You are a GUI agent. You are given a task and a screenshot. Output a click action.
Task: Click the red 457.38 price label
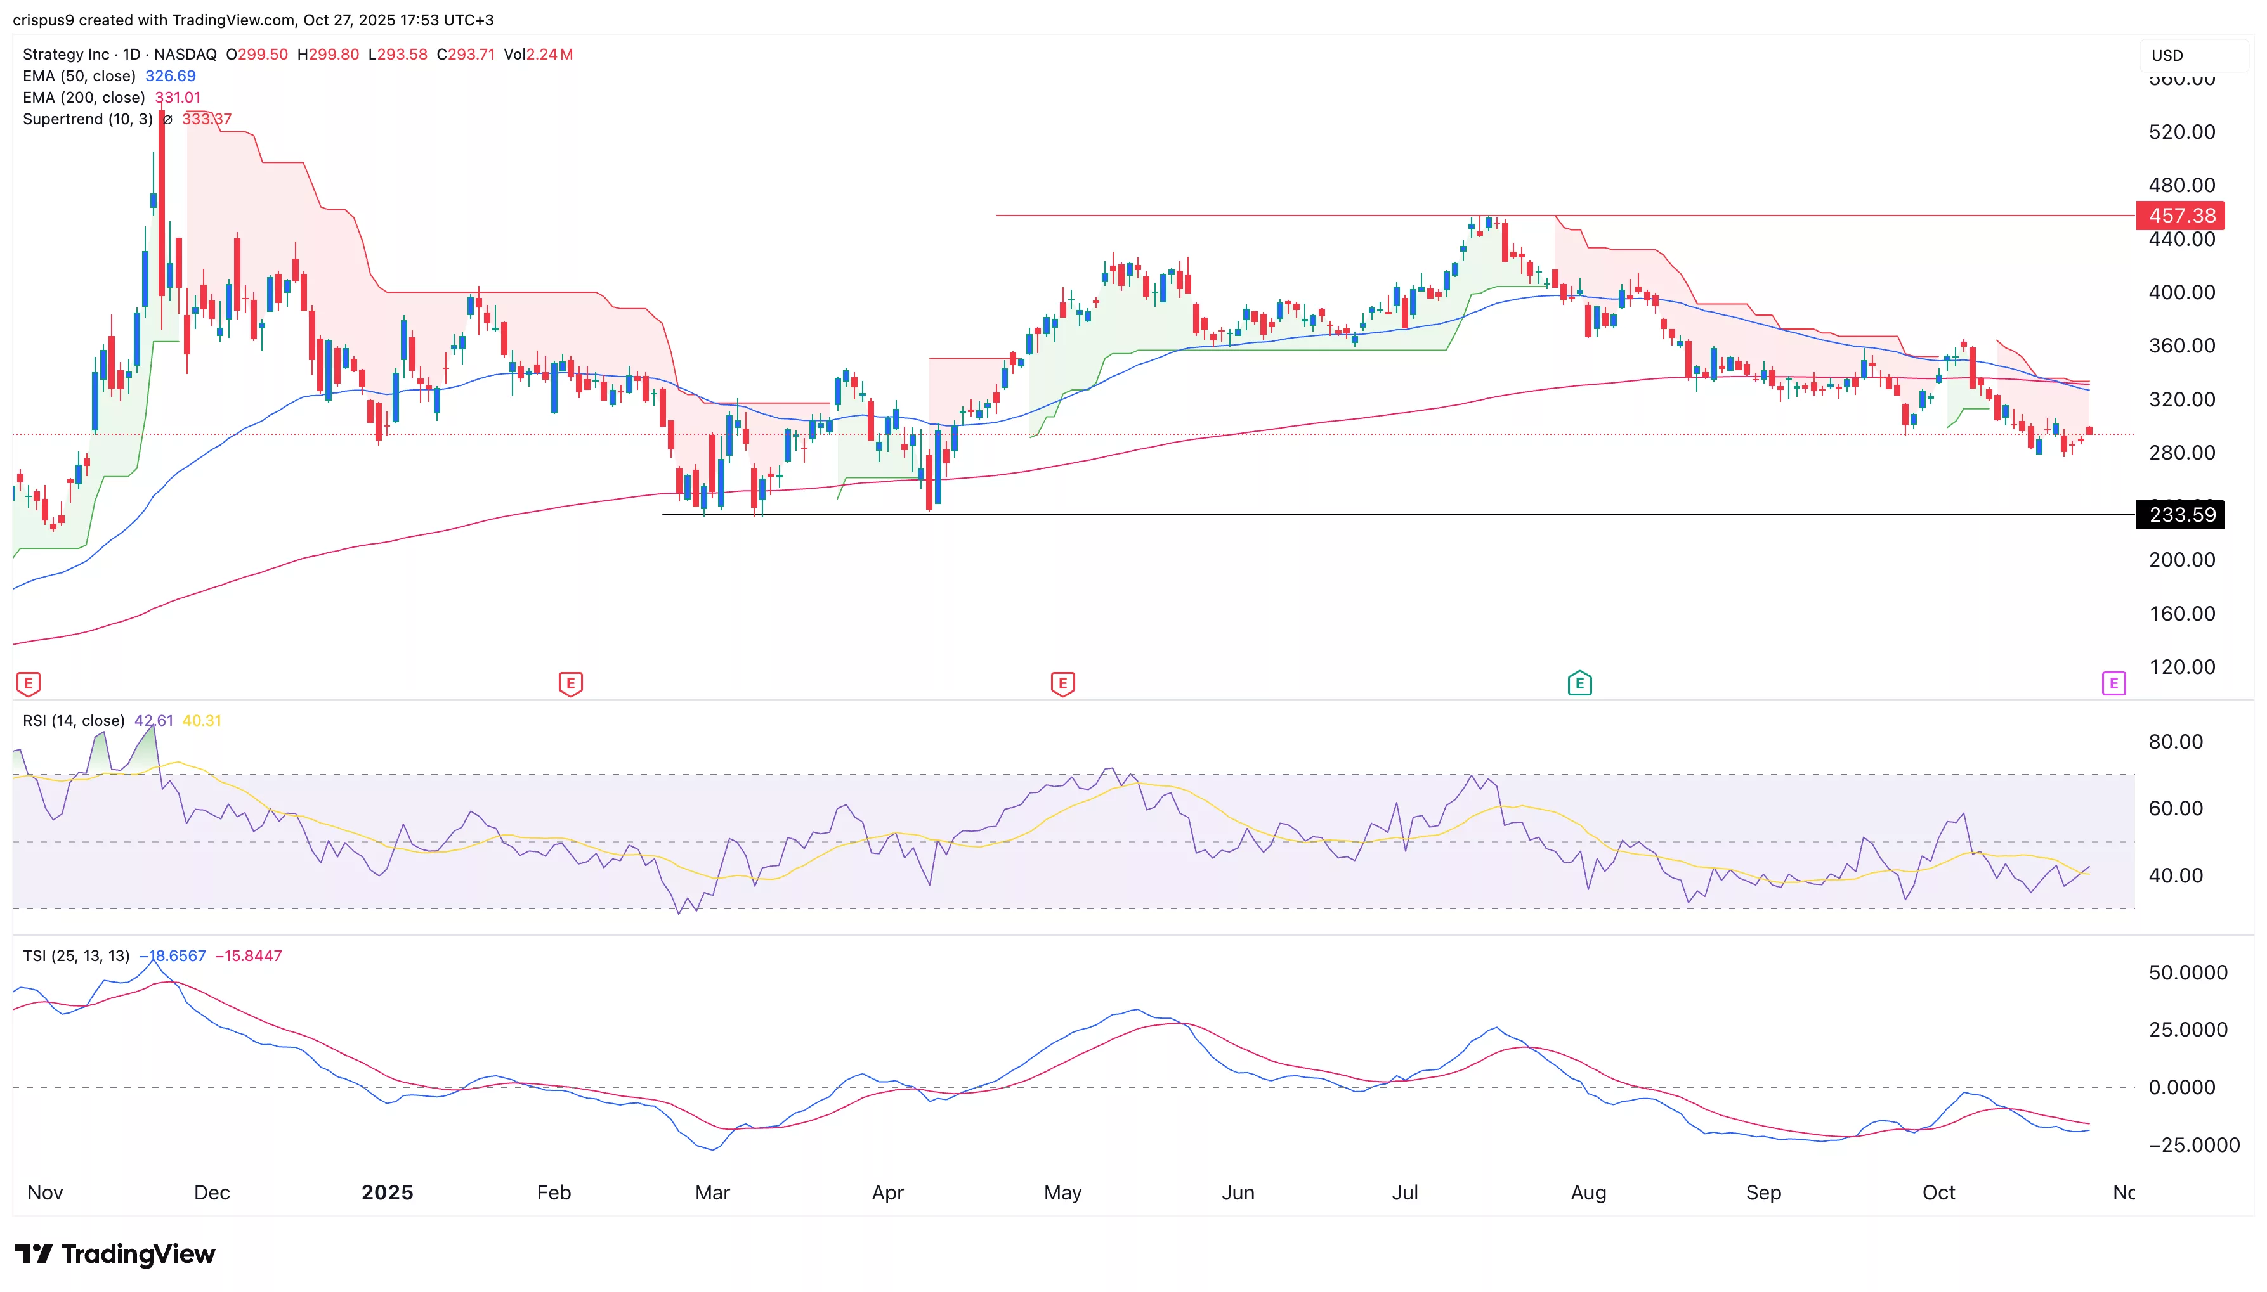tap(2180, 216)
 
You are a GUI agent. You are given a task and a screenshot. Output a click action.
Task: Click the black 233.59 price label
tap(2180, 515)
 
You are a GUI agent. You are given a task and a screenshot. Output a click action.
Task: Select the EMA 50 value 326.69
tap(171, 76)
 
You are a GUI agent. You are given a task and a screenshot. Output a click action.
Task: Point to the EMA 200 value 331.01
tap(178, 98)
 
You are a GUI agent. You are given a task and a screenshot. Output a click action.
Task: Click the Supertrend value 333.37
tap(207, 119)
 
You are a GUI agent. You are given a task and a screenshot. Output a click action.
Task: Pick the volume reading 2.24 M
tap(549, 54)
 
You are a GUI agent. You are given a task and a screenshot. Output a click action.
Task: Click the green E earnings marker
tap(1579, 683)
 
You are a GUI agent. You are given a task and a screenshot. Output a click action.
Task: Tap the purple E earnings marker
tap(2113, 683)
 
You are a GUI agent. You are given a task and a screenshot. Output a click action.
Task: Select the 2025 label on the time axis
tap(387, 1192)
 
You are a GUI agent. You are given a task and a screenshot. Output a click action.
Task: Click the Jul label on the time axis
tap(1405, 1192)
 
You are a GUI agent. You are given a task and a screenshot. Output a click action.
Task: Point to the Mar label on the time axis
tap(712, 1192)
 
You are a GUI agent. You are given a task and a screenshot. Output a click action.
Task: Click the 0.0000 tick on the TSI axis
tap(2188, 1087)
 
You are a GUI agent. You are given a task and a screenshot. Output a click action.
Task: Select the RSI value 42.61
tap(153, 721)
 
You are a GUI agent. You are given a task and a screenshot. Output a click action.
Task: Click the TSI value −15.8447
tap(249, 956)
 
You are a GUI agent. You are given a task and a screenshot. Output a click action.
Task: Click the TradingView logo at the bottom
tap(115, 1254)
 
